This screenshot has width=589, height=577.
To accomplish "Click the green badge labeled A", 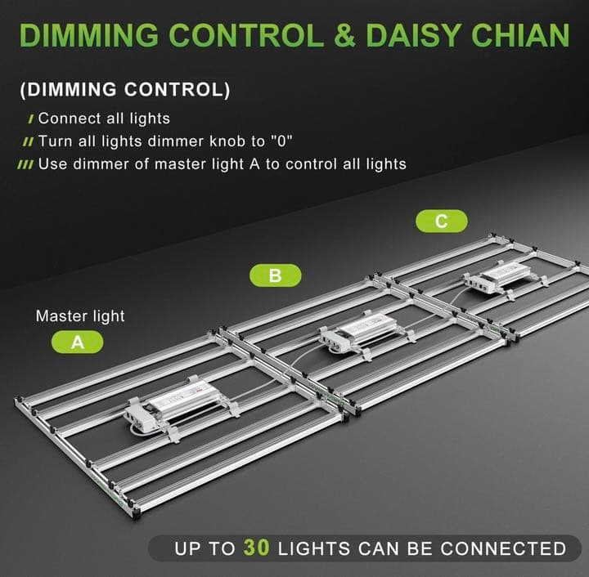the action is [78, 342].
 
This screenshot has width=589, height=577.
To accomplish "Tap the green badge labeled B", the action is [276, 275].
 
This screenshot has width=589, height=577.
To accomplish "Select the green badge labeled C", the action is [442, 221].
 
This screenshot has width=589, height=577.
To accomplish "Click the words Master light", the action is [80, 316].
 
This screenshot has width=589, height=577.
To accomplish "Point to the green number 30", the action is [257, 548].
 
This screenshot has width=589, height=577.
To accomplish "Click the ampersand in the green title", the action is [344, 35].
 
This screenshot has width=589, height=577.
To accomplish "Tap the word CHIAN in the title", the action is [520, 35].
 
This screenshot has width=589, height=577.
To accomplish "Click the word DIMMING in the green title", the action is [88, 35].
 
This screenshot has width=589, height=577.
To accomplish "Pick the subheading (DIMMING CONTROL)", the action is [124, 90].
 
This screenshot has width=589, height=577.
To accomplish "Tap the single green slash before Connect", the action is [31, 119].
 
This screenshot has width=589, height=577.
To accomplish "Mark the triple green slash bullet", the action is [25, 165].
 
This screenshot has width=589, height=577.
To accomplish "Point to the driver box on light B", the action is [358, 332].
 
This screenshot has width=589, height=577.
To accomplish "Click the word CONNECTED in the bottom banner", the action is [503, 548].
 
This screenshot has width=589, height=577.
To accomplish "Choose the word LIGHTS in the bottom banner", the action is [314, 548].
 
